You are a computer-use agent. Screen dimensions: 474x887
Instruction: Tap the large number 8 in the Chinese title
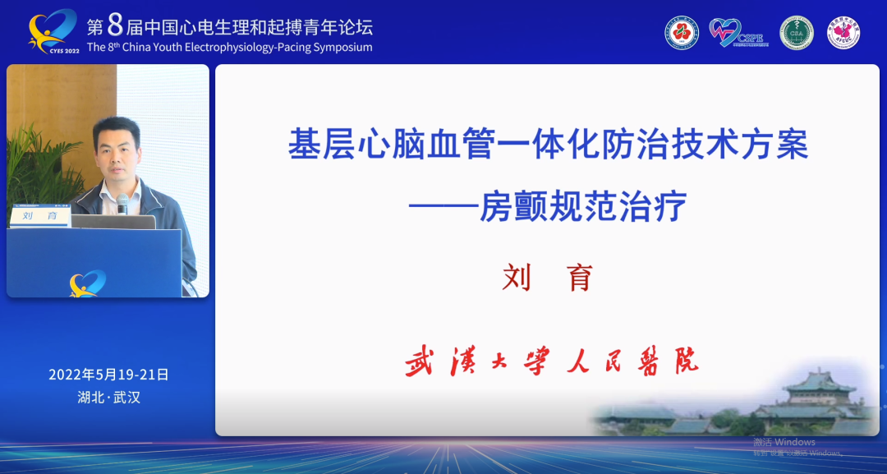click(114, 24)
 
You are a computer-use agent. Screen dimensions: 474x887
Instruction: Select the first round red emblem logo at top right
click(682, 33)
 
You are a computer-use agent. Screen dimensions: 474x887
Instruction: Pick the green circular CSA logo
click(796, 33)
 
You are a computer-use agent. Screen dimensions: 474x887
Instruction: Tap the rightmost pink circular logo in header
click(843, 33)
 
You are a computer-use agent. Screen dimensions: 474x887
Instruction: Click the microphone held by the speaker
click(122, 203)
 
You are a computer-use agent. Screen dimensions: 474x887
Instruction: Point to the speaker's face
click(116, 146)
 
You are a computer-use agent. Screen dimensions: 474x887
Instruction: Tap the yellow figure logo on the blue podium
click(87, 283)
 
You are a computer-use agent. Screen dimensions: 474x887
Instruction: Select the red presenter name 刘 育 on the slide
click(547, 278)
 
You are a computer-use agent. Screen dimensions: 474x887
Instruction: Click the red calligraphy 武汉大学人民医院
click(551, 361)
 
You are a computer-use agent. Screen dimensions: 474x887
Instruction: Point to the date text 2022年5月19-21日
click(108, 375)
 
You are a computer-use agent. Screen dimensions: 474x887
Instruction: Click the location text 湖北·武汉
click(108, 398)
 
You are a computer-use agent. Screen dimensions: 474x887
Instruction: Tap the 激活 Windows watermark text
click(784, 442)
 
